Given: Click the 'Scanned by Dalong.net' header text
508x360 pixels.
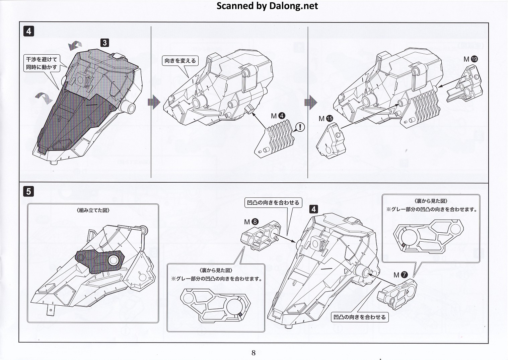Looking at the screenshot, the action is click(267, 6).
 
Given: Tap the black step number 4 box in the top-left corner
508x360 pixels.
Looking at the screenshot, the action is click(29, 31).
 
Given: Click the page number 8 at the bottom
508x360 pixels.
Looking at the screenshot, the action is click(253, 353).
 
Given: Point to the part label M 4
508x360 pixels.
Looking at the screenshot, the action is click(278, 116).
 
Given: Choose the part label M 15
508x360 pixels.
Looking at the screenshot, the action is click(326, 118).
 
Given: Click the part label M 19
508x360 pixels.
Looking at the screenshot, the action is click(470, 59).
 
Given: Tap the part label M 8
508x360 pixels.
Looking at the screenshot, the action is click(251, 222).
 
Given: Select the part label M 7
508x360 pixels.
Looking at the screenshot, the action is click(401, 275).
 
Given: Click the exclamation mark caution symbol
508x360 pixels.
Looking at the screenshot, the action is click(300, 127).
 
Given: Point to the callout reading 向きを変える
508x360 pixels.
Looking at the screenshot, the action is click(180, 61).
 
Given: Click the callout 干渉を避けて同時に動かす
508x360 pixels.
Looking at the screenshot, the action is click(42, 63).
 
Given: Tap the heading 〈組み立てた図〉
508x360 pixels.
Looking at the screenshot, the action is click(93, 211).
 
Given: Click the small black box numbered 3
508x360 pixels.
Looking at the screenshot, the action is click(104, 43).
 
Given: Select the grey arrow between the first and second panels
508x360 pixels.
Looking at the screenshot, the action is click(154, 102).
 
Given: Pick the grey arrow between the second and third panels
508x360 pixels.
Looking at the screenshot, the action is click(311, 102).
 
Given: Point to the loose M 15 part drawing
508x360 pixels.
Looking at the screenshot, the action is click(331, 141).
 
